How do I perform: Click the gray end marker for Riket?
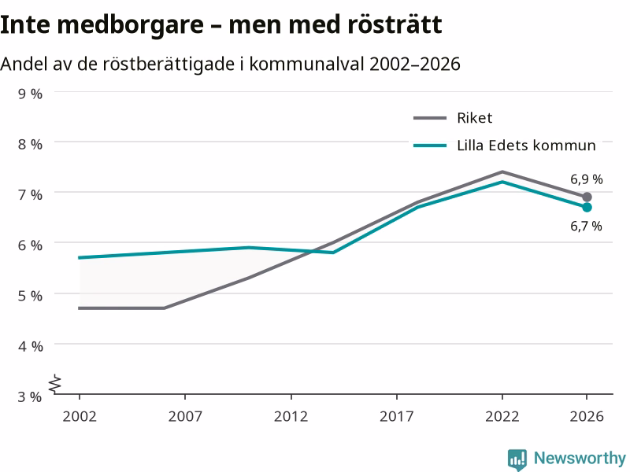587,197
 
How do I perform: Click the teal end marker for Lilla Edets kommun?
587,208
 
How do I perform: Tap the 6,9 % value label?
587,179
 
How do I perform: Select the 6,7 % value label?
586,226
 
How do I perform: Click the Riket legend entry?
453,118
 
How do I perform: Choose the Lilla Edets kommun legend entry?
505,146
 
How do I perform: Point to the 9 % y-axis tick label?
30,94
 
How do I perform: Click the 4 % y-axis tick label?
30,346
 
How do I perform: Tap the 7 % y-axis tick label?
30,195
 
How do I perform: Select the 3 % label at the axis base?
30,396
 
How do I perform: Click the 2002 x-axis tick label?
80,416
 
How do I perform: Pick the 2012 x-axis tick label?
291,416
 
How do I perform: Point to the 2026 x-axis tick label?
587,416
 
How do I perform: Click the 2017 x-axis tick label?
397,416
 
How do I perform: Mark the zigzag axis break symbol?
55,384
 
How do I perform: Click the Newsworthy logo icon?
517,459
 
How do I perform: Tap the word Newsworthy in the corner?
580,458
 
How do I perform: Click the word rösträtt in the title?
395,24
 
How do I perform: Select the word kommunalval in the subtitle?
306,64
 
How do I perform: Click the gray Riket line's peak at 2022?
502,172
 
